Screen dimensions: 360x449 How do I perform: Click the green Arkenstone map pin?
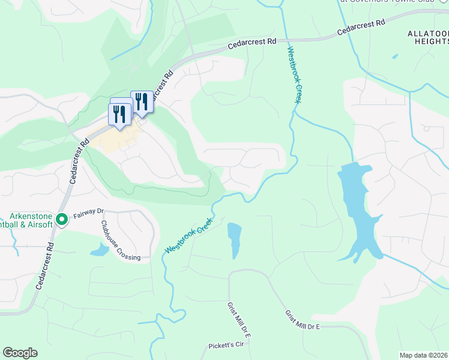pyautogui.click(x=61, y=220)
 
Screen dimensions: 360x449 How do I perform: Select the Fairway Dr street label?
pyautogui.click(x=89, y=212)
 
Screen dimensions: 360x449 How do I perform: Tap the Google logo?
pyautogui.click(x=20, y=353)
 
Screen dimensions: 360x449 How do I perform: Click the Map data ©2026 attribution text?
pyautogui.click(x=424, y=355)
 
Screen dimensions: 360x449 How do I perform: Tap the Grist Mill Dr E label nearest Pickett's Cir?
pyautogui.click(x=238, y=319)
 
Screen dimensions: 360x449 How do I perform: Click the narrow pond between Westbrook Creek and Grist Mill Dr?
pyautogui.click(x=234, y=239)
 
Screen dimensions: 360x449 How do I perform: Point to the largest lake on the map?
pyautogui.click(x=355, y=204)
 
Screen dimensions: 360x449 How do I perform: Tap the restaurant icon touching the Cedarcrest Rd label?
pyautogui.click(x=142, y=102)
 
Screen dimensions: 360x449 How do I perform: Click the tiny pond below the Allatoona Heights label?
pyautogui.click(x=395, y=57)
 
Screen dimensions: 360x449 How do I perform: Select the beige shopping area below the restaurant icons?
pyautogui.click(x=114, y=138)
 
